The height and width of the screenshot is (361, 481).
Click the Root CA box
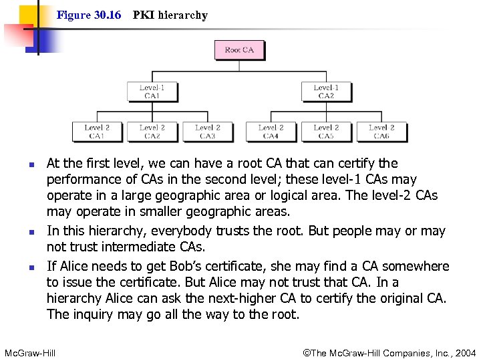pos(239,50)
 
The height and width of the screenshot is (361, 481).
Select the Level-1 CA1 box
pos(152,92)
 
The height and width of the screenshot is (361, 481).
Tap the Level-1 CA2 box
pos(326,92)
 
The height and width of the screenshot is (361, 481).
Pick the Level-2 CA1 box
pos(98,132)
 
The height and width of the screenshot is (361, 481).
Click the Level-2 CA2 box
pos(152,132)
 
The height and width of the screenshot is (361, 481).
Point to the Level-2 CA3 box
pos(208,132)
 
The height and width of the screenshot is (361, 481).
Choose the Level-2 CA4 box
pos(271,132)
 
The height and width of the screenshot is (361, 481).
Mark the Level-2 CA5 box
pos(326,132)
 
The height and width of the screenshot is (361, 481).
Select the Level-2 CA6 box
pos(381,132)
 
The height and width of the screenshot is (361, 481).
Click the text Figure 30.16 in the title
pos(89,15)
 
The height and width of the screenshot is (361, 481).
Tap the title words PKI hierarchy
pos(170,15)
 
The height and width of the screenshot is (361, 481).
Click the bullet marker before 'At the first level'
pos(22,164)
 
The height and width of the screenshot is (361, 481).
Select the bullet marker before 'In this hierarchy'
pos(22,232)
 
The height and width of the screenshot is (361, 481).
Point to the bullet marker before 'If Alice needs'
pos(22,267)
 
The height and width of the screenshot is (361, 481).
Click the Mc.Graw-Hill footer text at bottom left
pos(30,352)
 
